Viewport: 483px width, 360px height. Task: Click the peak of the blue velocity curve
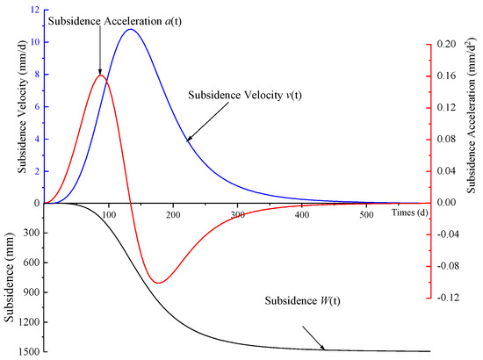coord(130,29)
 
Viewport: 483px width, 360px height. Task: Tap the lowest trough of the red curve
coord(158,283)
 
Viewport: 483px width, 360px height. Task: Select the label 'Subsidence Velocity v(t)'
coord(248,97)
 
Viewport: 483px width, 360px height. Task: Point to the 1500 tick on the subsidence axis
coord(23,352)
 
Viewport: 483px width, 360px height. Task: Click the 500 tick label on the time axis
coord(365,214)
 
